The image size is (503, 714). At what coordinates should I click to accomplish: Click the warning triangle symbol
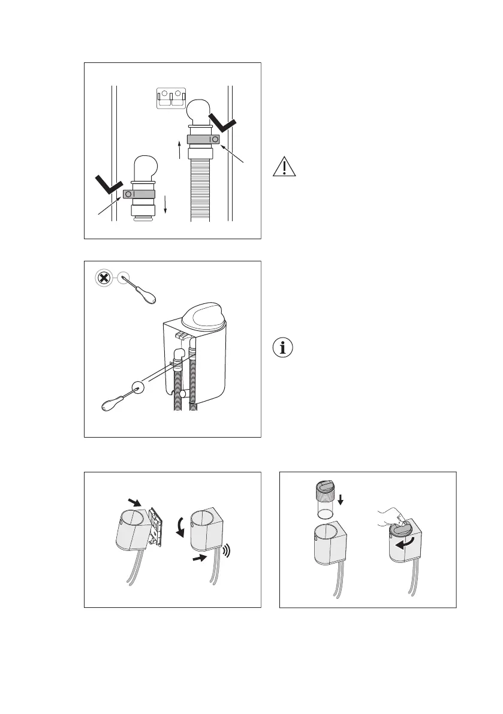pos(284,165)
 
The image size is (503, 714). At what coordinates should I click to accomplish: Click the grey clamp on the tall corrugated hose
pos(204,139)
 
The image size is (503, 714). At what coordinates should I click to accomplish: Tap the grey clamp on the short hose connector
pos(139,194)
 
